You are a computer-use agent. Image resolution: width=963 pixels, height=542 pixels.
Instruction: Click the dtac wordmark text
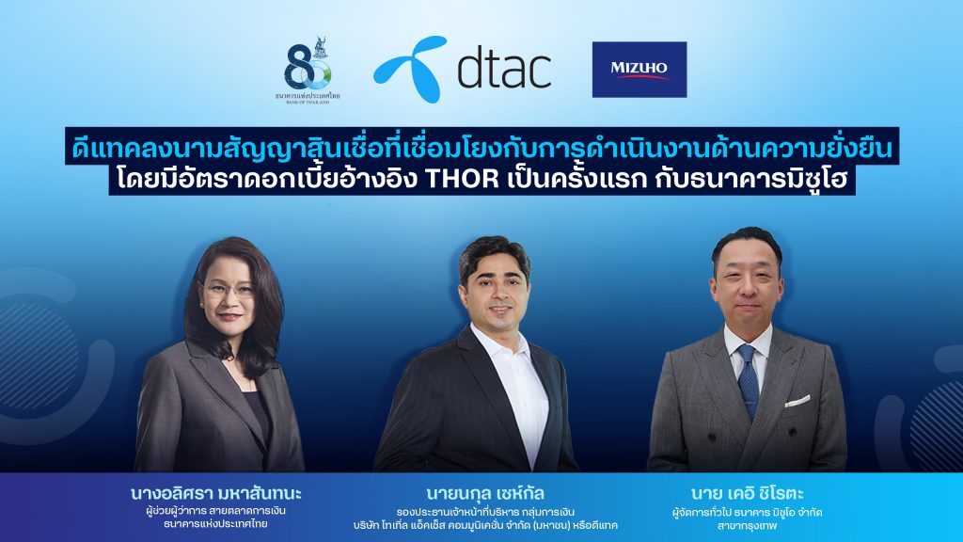click(503, 69)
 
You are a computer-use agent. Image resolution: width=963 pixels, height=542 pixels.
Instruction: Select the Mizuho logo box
click(639, 70)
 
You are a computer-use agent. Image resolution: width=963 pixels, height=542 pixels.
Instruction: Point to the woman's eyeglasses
click(227, 291)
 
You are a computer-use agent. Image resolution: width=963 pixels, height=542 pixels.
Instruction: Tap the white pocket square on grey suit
click(797, 400)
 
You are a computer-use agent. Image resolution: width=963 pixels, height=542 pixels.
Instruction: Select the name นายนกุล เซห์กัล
click(486, 493)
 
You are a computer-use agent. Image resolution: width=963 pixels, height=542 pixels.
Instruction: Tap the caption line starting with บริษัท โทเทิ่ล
click(486, 525)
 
